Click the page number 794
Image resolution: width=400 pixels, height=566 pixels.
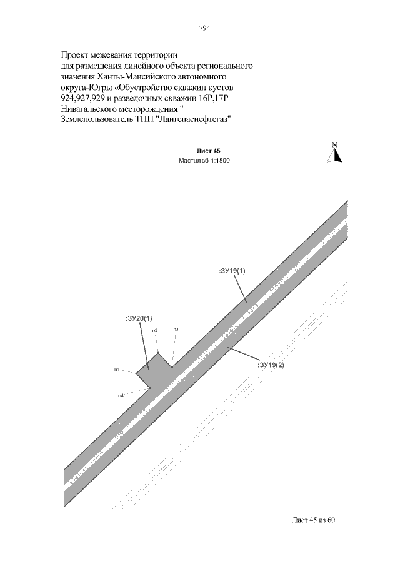coord(204,28)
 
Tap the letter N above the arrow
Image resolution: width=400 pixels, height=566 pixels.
coord(334,145)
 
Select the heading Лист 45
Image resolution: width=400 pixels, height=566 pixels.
coord(208,151)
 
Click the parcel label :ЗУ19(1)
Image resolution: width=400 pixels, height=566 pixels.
coord(232,271)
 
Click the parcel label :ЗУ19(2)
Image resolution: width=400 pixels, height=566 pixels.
coord(271,365)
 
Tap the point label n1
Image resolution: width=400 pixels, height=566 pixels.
coord(117,370)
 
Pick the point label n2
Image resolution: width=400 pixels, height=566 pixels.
coord(154,330)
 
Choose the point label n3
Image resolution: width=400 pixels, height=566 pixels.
coord(176,329)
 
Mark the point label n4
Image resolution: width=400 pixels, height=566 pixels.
coord(121,395)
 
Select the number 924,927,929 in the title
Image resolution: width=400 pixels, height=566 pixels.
coord(87,99)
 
